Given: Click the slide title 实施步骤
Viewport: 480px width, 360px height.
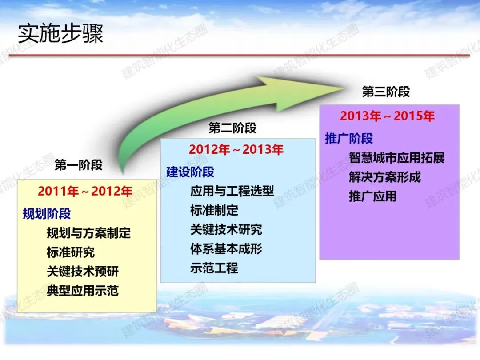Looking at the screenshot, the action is tap(60, 33).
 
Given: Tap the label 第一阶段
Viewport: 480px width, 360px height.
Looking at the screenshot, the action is tap(78, 165).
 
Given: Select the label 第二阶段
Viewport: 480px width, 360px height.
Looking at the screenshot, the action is tap(232, 128).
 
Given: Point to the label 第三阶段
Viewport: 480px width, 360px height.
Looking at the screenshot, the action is tap(386, 92).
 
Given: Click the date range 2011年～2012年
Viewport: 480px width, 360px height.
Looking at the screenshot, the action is tap(85, 191).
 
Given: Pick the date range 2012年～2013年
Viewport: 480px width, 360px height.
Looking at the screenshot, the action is tap(236, 150).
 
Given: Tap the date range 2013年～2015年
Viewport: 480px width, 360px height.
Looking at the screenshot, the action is tap(387, 116).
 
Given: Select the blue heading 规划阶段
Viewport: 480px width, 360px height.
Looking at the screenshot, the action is tap(47, 214).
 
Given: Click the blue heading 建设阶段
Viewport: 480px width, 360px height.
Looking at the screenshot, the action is tap(190, 172).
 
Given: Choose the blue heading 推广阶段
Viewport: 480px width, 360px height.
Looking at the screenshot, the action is tap(349, 138).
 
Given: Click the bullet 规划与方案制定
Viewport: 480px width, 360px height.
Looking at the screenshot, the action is tap(89, 233).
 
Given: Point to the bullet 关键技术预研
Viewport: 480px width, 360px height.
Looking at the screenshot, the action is tap(83, 272).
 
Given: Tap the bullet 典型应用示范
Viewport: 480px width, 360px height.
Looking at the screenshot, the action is tap(83, 291).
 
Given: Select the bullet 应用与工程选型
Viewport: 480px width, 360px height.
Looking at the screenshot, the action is tap(232, 191).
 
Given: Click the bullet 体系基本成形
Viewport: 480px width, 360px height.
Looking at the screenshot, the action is tap(226, 249).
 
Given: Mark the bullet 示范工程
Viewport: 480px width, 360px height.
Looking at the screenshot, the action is tap(214, 268).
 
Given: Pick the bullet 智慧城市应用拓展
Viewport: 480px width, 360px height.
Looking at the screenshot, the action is tap(397, 158).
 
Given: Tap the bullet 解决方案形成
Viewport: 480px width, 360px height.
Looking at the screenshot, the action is tap(385, 177).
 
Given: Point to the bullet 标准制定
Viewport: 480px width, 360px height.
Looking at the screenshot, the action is tap(214, 210).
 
